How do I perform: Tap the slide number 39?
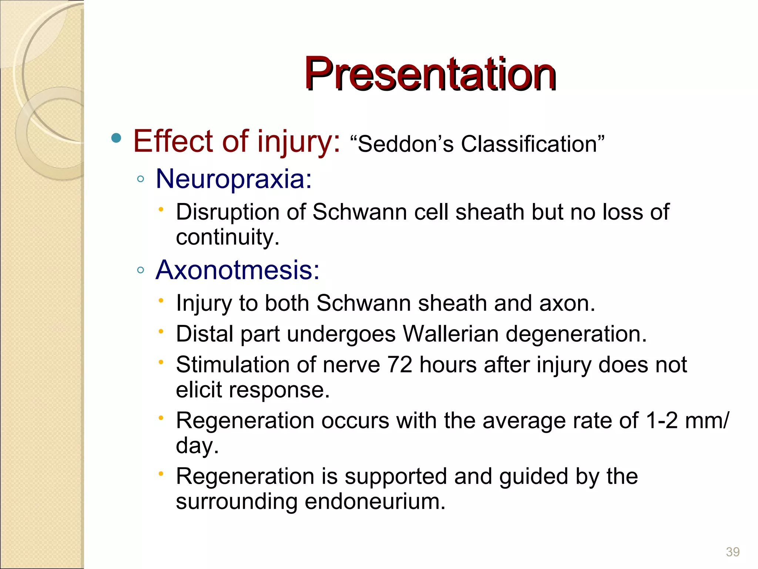[x=732, y=552]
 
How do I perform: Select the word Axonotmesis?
[x=237, y=270]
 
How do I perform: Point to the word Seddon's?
[x=405, y=144]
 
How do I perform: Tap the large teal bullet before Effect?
[x=116, y=139]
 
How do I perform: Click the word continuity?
[x=227, y=237]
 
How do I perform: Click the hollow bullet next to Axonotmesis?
[x=140, y=270]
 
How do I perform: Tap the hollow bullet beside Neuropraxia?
[x=140, y=179]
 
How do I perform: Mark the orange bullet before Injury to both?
[x=161, y=301]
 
